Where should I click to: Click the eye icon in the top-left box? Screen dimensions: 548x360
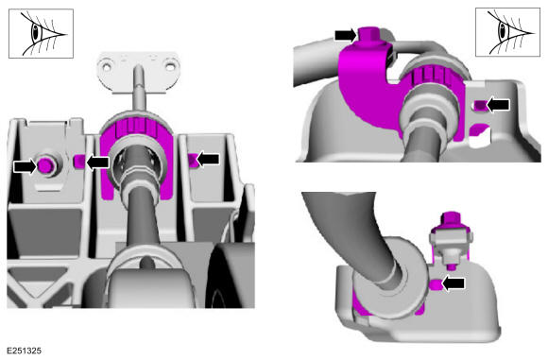[x=43, y=34]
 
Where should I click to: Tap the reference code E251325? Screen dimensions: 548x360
[x=25, y=351]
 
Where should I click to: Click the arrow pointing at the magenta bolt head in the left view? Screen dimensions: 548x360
[x=25, y=165]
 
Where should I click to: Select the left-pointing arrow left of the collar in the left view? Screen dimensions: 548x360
[x=98, y=163]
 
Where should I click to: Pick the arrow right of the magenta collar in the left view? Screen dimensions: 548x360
[x=208, y=160]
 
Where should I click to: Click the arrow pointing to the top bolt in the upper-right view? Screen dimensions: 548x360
[x=346, y=35]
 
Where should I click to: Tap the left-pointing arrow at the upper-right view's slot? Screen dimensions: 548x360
[x=498, y=105]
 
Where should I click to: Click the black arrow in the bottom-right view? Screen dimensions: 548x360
[x=454, y=283]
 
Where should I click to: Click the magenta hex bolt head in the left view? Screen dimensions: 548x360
[x=44, y=165]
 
